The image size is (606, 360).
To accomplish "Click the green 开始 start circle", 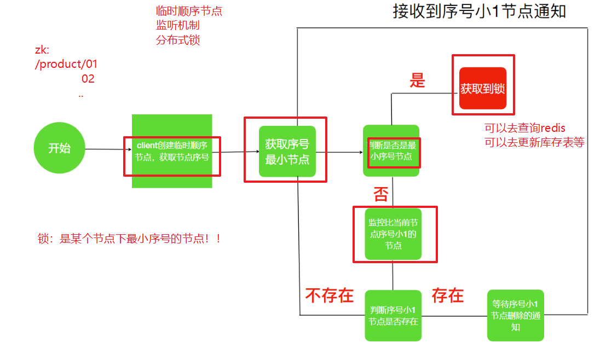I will pos(60,148).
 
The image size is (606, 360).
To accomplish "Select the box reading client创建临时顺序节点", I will pos(171,152).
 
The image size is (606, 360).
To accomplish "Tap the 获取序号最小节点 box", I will pos(287,152).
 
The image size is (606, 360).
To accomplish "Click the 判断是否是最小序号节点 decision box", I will pos(391,151).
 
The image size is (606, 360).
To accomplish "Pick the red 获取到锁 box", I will pos(482,88).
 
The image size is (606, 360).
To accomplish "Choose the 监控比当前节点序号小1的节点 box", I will pos(393,234).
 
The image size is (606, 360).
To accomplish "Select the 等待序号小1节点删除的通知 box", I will pos(515,316).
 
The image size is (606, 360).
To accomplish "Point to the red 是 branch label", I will pos(417,81).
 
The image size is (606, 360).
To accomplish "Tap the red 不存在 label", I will pos(329,295).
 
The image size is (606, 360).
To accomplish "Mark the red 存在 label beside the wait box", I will pos(447,295).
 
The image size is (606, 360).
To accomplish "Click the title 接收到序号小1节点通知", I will pos(479,11).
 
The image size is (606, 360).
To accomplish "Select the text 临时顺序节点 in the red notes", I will pos(189,11).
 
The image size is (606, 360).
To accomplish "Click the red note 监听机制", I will pos(177,25).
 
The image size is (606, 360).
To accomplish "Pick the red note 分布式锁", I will pos(177,40).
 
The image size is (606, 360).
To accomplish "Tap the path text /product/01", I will pos(66,64).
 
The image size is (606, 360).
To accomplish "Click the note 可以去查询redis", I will pos(524,129).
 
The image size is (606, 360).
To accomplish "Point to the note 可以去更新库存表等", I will pos(534,142).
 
